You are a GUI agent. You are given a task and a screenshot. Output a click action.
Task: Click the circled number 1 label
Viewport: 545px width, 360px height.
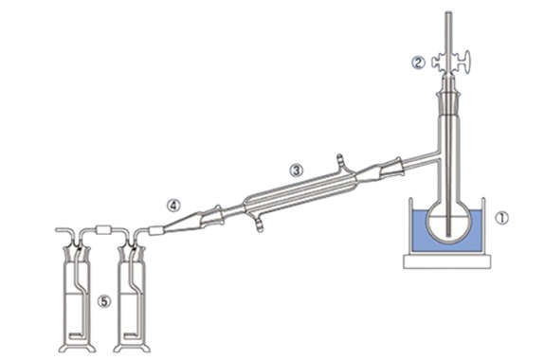click(x=501, y=219)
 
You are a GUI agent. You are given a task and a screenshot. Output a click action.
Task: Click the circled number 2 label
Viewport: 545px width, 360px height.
click(x=418, y=63)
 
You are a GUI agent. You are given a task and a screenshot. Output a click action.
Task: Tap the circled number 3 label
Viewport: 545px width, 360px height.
click(x=296, y=171)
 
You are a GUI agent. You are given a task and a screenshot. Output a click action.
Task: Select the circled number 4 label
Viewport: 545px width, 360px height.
click(x=173, y=206)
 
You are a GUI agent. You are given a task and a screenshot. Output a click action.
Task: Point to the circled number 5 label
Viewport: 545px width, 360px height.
click(x=104, y=301)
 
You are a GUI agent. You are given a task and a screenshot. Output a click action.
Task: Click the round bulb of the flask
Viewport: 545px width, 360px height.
click(x=450, y=223)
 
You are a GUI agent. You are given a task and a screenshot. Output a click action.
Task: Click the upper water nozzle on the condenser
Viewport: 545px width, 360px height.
click(x=341, y=161)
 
